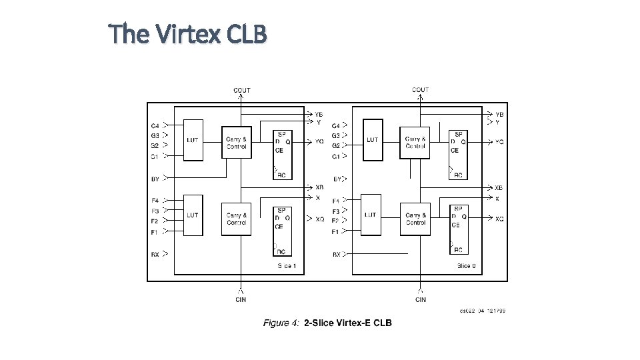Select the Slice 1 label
pos(287,266)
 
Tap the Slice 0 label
pos(467,266)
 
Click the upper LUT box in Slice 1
pos(193,140)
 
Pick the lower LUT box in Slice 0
pos(371,215)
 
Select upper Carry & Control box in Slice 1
pos(237,142)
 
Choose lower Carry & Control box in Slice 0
pos(415,219)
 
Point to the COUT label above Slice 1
pos(242,90)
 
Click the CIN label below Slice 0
pos(421,300)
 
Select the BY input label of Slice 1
pos(155,179)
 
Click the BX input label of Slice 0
pos(337,255)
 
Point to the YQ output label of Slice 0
pos(499,142)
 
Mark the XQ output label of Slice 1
pos(320,219)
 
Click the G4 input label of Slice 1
pos(155,125)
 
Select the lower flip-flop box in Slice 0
pos(457,229)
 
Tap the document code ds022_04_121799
pos(482,310)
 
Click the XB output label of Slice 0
pos(499,188)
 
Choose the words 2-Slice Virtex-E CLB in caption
pos(348,323)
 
